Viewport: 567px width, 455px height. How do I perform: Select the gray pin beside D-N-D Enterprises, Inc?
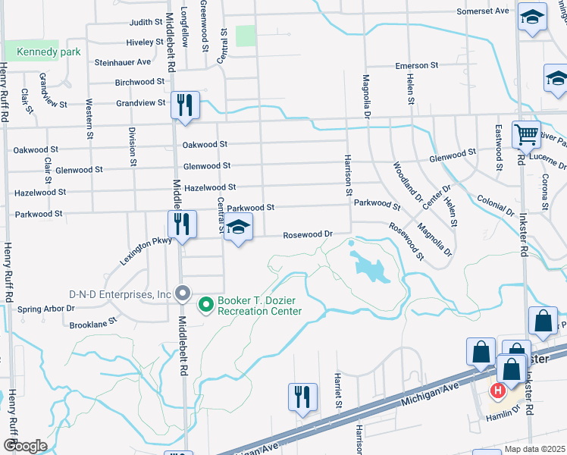[182, 293]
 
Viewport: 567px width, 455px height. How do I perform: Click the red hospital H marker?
[498, 391]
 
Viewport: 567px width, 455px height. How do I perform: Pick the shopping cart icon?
[526, 134]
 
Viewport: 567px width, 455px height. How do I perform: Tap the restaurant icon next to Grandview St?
[185, 105]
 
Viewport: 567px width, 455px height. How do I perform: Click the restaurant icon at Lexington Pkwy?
[182, 224]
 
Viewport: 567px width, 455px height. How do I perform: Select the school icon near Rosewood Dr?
[239, 227]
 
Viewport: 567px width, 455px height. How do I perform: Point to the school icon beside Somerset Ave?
[532, 16]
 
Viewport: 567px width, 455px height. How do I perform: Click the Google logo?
[25, 445]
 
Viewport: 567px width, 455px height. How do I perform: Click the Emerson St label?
[418, 66]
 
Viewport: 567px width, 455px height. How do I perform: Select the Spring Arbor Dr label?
[46, 309]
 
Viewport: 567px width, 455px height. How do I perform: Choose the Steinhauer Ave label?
[123, 62]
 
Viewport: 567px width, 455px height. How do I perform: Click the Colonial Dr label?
[496, 203]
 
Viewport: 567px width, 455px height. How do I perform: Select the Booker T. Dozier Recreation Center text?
[259, 305]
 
